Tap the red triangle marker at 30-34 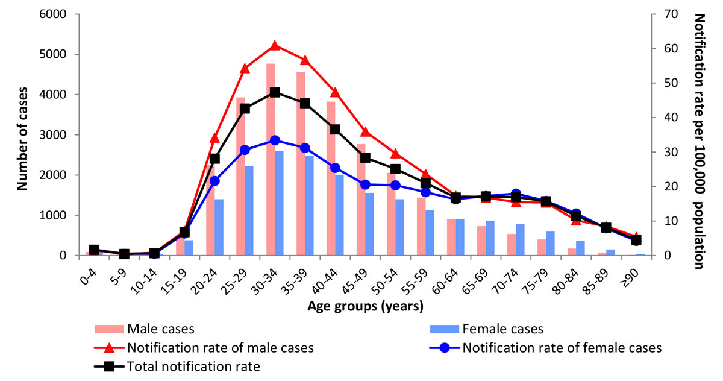[275, 46]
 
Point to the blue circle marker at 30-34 [275, 140]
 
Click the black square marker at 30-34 [275, 92]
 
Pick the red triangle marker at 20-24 [214, 138]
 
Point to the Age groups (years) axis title [365, 306]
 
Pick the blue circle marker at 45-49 [365, 184]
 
